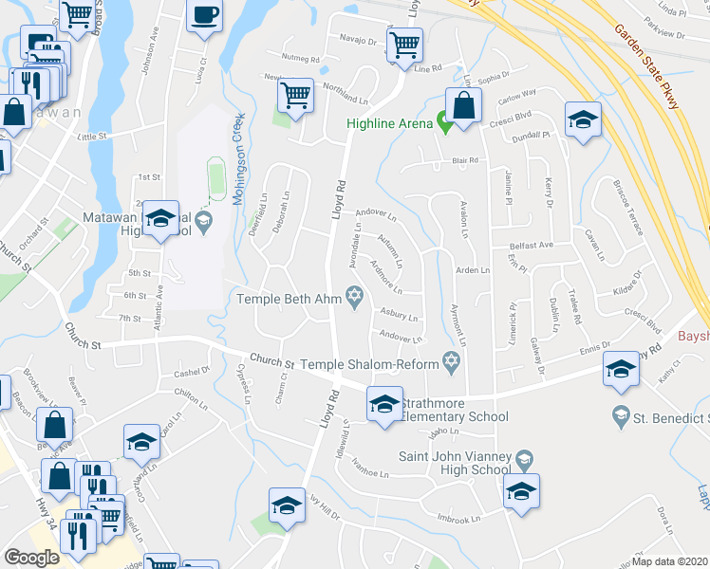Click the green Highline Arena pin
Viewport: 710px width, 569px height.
[442, 122]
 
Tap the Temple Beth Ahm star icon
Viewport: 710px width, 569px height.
[355, 300]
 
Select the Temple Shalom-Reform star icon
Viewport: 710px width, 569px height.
[452, 361]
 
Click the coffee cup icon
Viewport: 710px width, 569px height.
[205, 16]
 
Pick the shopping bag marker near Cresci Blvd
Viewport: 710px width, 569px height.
[463, 106]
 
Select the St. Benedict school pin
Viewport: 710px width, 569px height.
[621, 413]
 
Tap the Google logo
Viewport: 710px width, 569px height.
[32, 558]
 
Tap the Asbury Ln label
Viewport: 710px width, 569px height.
[399, 314]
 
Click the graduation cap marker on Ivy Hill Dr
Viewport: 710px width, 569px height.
[287, 506]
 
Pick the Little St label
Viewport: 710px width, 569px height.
[93, 137]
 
